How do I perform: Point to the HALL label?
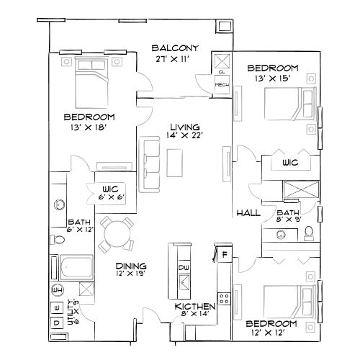(248, 214)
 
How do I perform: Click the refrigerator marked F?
(224, 255)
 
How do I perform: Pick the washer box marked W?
(58, 307)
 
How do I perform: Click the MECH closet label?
(222, 84)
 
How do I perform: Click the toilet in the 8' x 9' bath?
(307, 233)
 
